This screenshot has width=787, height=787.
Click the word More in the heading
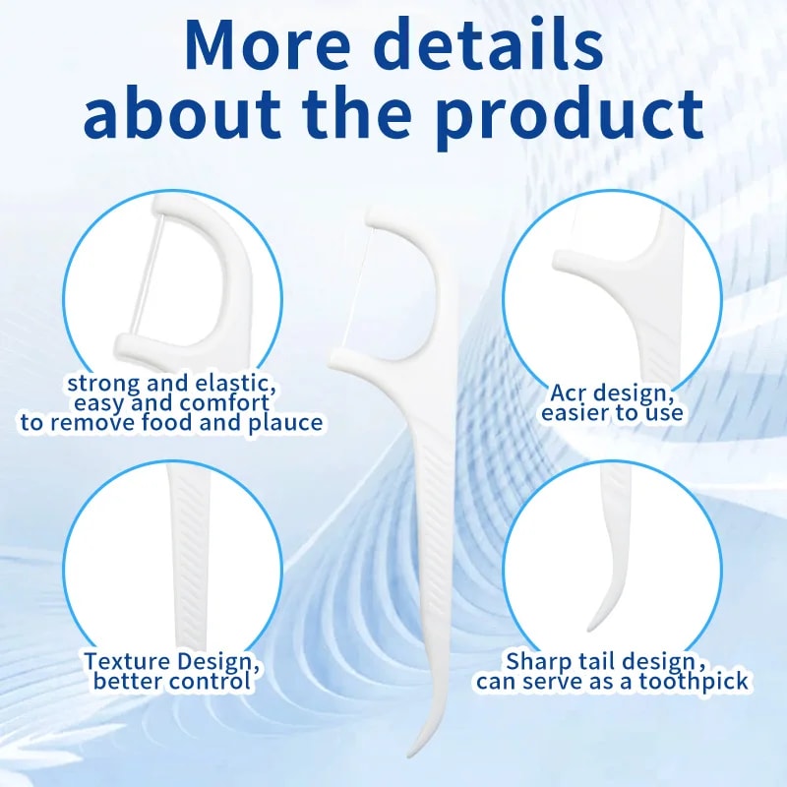coord(265,47)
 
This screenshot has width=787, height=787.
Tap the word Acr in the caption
coord(571,393)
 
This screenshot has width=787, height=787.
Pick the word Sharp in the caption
coord(537,661)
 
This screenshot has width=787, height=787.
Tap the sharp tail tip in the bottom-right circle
coord(591,626)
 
